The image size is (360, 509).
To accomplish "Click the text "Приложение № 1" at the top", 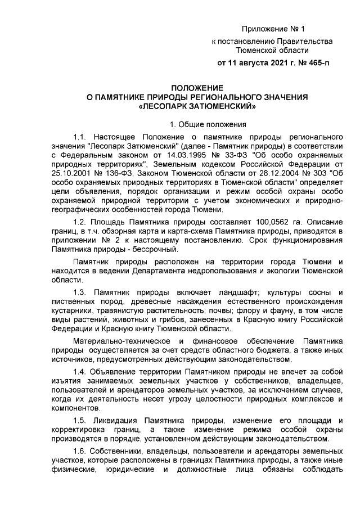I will [273, 29].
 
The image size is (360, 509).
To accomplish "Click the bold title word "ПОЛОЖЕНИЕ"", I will [197, 88].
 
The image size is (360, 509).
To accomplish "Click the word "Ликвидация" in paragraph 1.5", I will [115, 420].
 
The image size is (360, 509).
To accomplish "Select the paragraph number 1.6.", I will [80, 451].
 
